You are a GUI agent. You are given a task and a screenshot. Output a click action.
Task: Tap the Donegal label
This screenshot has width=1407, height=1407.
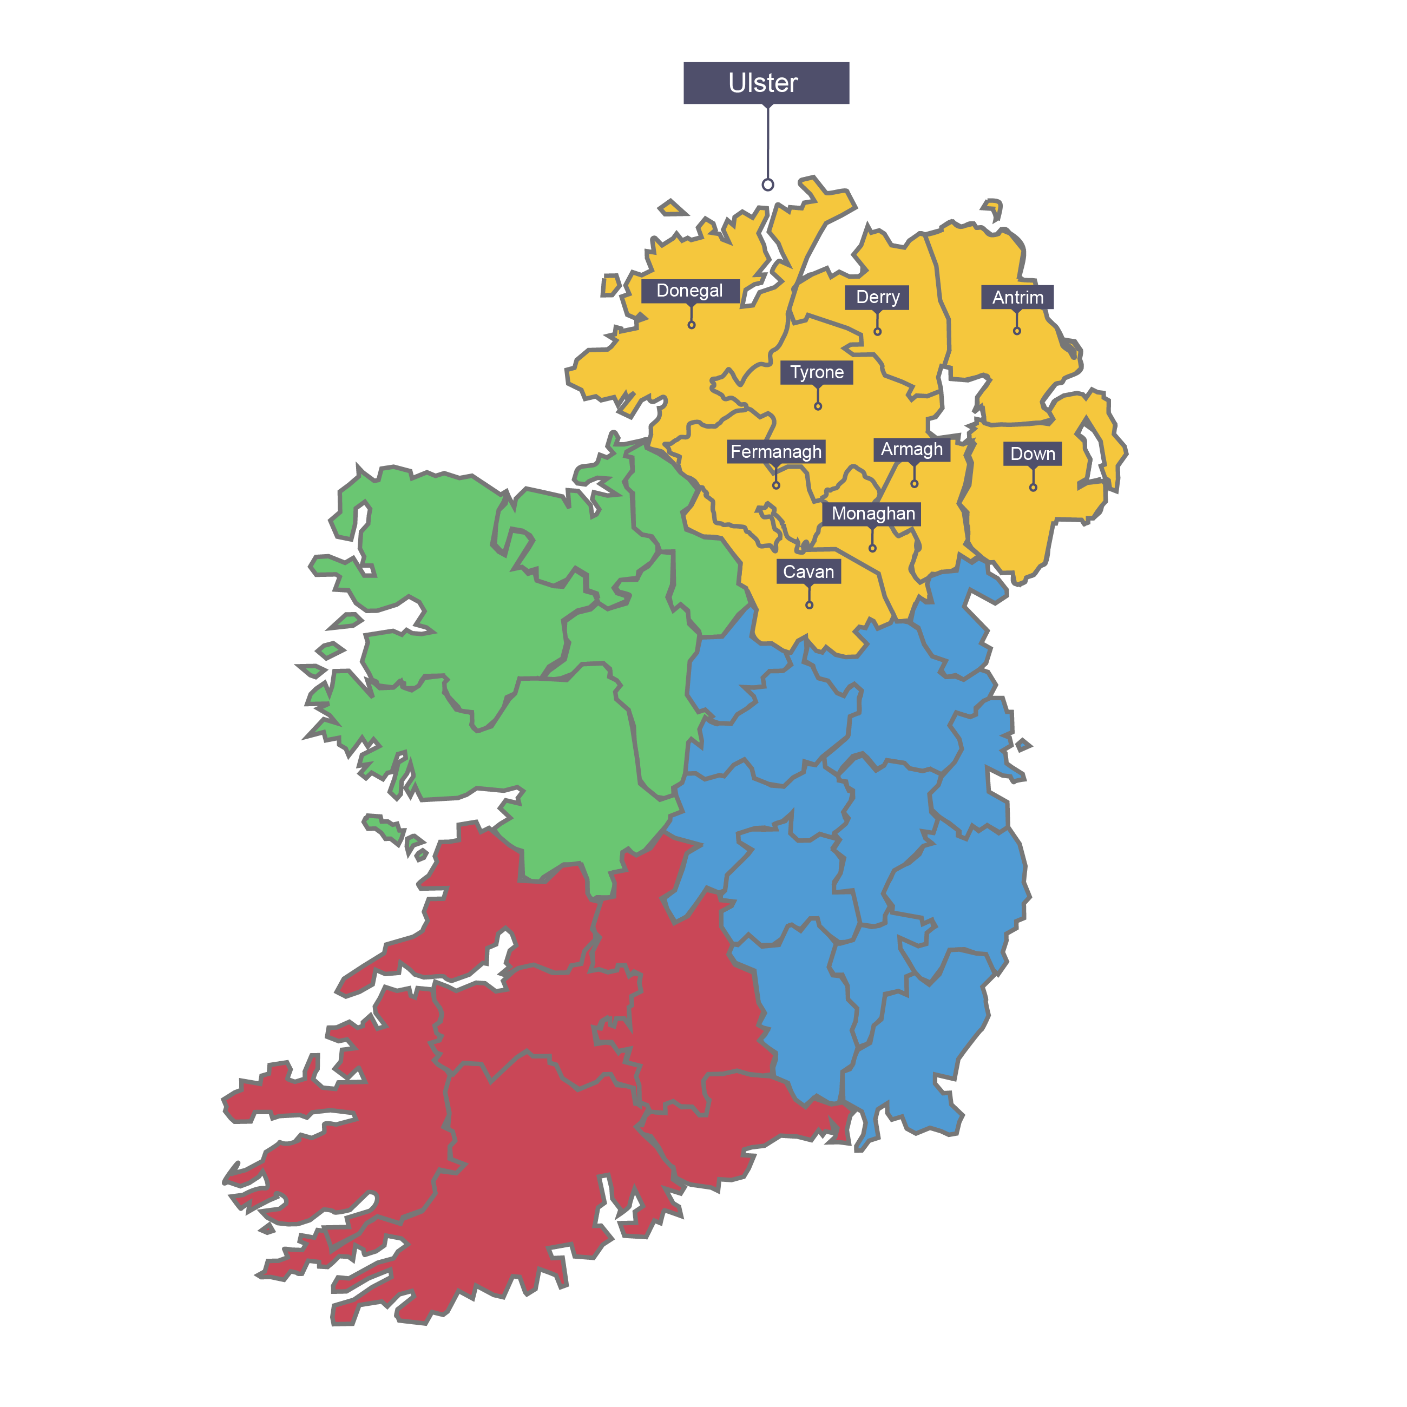689,291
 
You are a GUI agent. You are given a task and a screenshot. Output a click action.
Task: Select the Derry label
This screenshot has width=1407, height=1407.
877,297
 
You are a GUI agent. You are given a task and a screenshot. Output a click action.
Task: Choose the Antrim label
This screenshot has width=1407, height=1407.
1017,297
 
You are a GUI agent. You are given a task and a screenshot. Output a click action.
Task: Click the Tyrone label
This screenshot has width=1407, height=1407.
817,372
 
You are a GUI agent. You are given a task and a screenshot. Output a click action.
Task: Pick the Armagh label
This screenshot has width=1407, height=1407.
911,449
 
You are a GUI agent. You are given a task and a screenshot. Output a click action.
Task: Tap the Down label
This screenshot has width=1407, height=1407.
1032,453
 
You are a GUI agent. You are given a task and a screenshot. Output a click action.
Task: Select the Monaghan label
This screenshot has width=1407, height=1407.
872,514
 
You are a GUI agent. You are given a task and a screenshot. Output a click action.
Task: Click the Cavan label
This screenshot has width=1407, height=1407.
808,571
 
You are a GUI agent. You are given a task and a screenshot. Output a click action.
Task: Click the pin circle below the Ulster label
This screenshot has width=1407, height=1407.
767,185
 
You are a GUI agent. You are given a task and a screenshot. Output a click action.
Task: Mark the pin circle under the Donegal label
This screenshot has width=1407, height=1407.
691,325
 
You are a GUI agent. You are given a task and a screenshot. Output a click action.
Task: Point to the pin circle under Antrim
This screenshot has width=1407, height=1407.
1017,331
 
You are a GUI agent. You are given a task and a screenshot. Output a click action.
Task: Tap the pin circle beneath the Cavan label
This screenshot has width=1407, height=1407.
809,605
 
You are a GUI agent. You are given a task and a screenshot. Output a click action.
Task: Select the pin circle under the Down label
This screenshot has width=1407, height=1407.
1033,487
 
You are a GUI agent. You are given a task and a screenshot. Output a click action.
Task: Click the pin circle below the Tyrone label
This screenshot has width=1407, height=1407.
818,406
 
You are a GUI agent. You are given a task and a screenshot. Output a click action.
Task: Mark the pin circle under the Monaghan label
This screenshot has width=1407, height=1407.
872,548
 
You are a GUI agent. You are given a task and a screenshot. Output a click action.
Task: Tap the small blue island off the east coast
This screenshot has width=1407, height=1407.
1023,744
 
